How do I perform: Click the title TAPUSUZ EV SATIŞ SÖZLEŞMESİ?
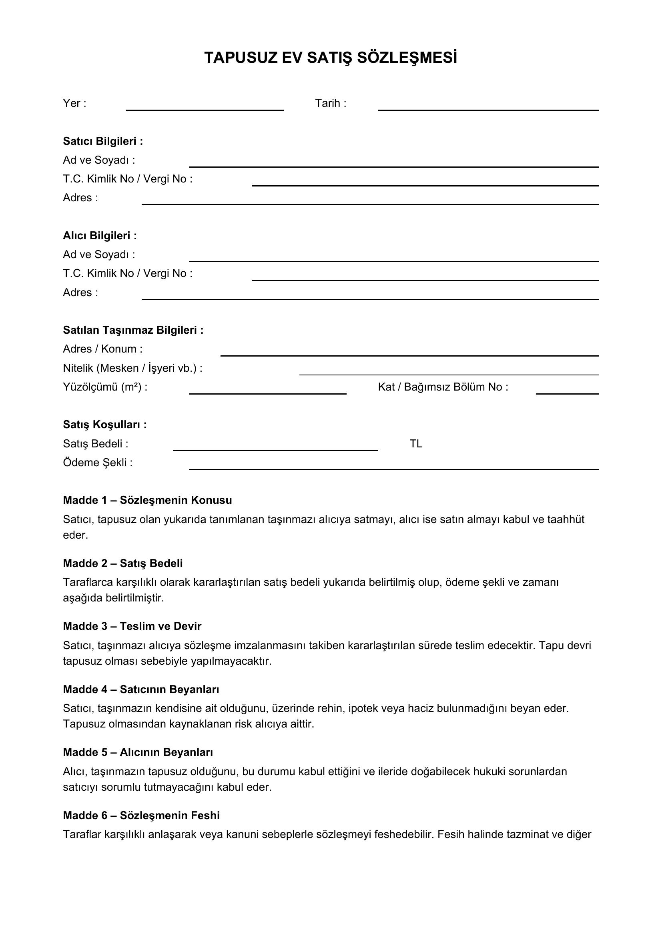click(x=331, y=58)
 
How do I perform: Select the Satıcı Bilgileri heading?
click(x=103, y=141)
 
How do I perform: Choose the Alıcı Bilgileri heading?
click(x=100, y=236)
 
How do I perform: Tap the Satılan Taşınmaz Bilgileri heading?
click(x=133, y=330)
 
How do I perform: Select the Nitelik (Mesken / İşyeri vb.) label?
click(x=132, y=368)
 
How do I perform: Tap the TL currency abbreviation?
click(x=416, y=443)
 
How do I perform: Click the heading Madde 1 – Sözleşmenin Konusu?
click(x=147, y=500)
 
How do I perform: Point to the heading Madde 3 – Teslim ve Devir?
click(x=132, y=626)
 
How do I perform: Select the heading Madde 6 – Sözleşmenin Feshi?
click(x=141, y=815)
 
